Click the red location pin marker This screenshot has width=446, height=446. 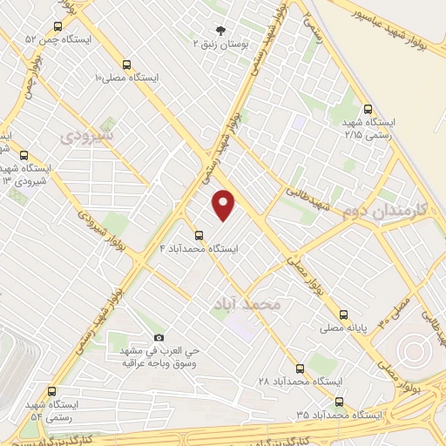point(225,205)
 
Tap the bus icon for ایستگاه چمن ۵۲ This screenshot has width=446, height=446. point(57,26)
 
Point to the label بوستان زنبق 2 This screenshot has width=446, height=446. point(219,42)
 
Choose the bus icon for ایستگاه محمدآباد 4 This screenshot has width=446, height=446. point(199,235)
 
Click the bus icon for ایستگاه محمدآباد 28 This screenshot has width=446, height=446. point(300,368)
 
